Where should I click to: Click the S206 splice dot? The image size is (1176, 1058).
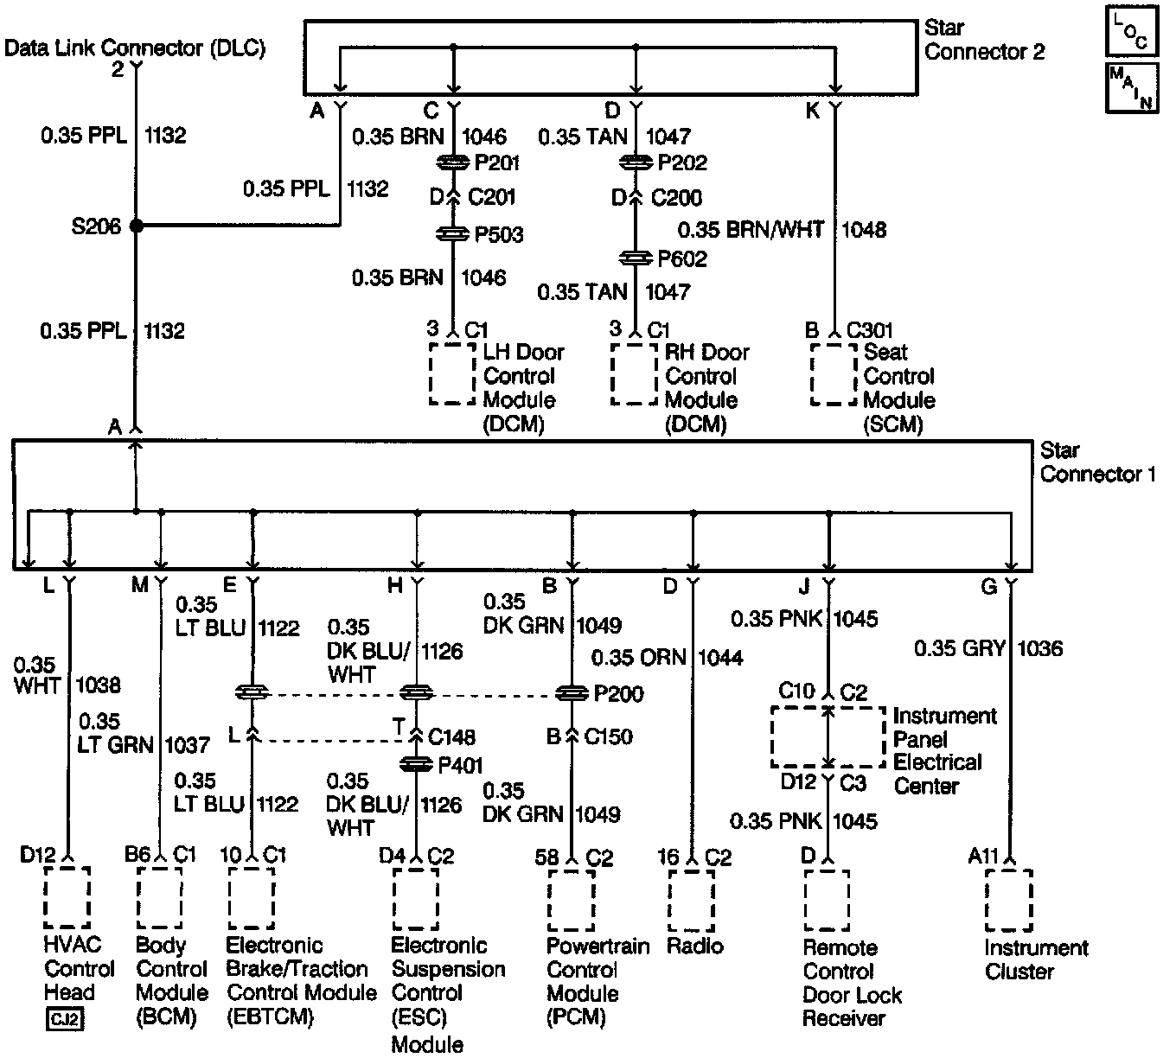pos(136,226)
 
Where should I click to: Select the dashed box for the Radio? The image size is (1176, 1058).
pos(691,901)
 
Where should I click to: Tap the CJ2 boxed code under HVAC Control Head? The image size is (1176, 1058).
pos(65,1020)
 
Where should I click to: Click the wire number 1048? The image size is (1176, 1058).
pos(864,231)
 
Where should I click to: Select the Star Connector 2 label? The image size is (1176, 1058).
pos(984,41)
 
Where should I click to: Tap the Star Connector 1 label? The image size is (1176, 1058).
pos(1097,462)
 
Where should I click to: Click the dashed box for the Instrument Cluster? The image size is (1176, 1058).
pos(1008,901)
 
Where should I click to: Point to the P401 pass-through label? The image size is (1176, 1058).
pos(461,765)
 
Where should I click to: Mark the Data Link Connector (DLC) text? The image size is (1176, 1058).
pos(135,48)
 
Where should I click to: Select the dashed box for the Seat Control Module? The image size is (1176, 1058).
pos(833,375)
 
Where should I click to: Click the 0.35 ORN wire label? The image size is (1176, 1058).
pos(638,658)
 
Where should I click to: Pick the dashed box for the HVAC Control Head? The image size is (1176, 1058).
pos(67,899)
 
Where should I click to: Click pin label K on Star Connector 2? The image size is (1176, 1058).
pos(812,111)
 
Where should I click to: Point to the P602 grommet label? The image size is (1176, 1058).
pos(682,259)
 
